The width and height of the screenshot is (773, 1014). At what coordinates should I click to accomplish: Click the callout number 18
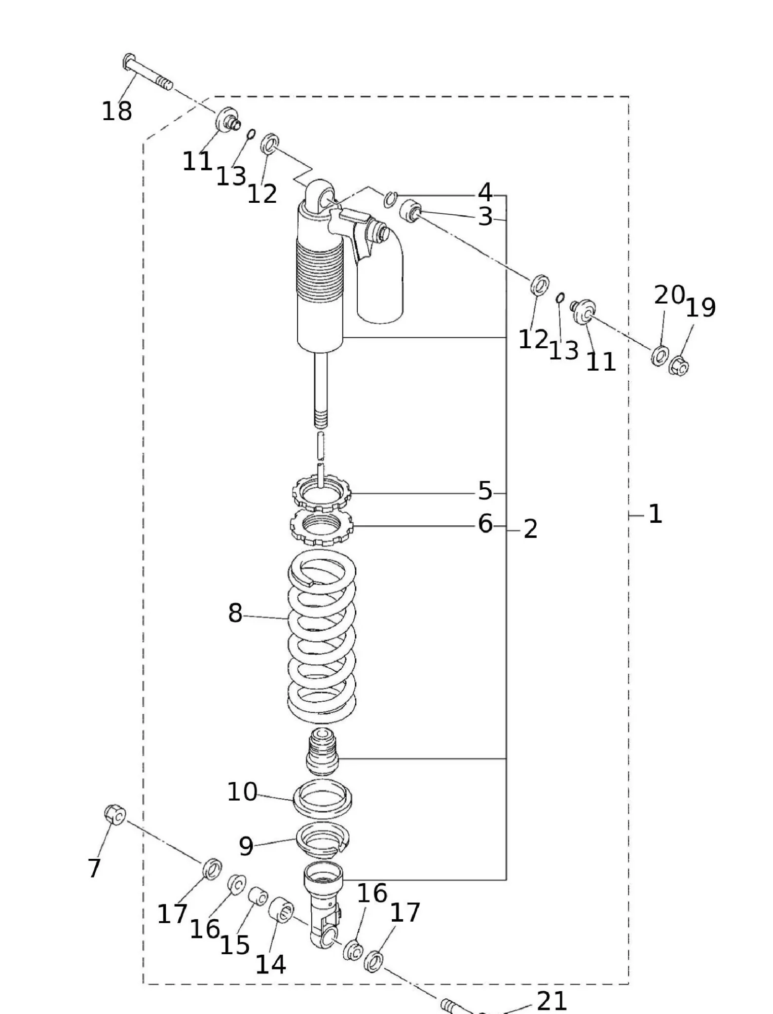point(117,111)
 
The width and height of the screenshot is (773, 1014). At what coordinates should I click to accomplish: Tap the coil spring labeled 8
point(322,637)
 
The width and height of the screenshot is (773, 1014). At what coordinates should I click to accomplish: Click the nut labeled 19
point(679,366)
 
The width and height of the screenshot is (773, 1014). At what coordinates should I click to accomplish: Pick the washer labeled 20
point(659,355)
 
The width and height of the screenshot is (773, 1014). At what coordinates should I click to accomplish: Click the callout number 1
point(655,514)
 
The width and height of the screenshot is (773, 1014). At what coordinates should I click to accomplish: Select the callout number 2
point(530,529)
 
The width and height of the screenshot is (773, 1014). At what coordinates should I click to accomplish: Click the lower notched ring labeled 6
point(321,526)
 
